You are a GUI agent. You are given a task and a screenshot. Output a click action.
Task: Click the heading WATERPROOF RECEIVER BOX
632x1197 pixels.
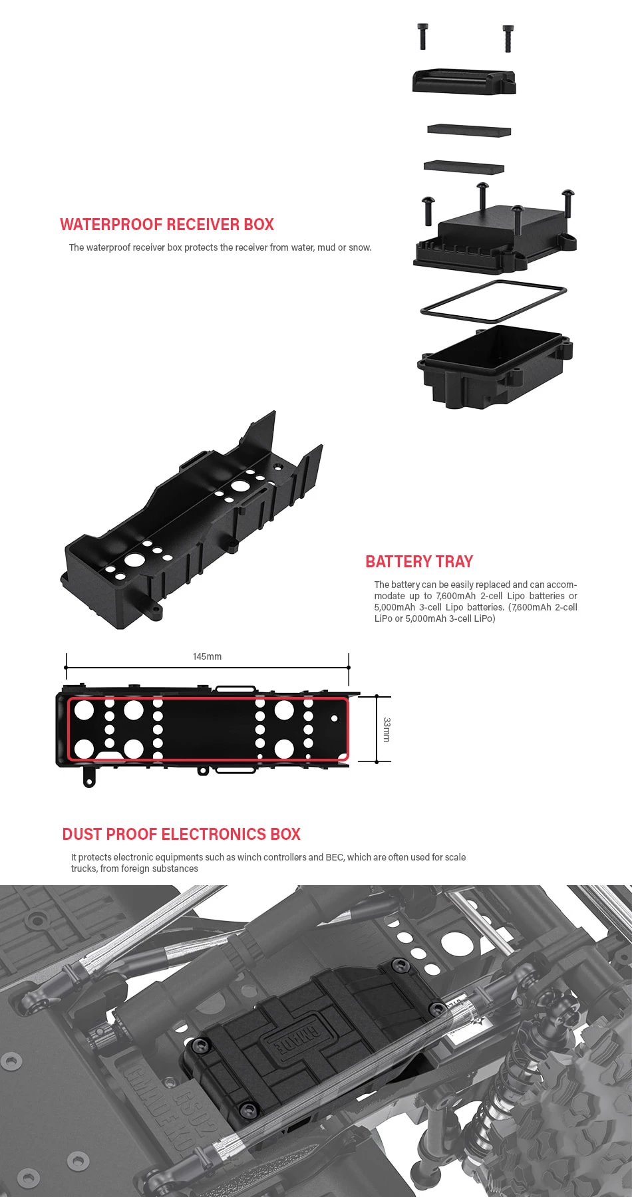[x=167, y=225]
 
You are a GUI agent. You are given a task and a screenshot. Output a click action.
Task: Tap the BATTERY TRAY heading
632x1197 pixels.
[x=419, y=562]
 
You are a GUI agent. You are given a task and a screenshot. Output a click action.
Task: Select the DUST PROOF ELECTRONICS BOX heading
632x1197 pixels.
[x=181, y=835]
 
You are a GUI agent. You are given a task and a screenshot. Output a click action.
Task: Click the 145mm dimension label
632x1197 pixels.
[x=207, y=657]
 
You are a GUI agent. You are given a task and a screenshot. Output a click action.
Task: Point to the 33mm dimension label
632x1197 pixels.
[x=387, y=730]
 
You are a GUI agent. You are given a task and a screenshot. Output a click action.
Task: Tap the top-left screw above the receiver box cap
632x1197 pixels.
[x=422, y=36]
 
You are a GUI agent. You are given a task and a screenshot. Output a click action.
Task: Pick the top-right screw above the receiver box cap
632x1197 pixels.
[x=508, y=37]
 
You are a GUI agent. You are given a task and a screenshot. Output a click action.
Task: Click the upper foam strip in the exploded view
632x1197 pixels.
[x=469, y=130]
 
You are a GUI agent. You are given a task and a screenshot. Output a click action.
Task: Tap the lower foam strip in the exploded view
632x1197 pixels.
[x=464, y=166]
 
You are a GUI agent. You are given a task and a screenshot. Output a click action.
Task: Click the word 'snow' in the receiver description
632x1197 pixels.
[x=359, y=248]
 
